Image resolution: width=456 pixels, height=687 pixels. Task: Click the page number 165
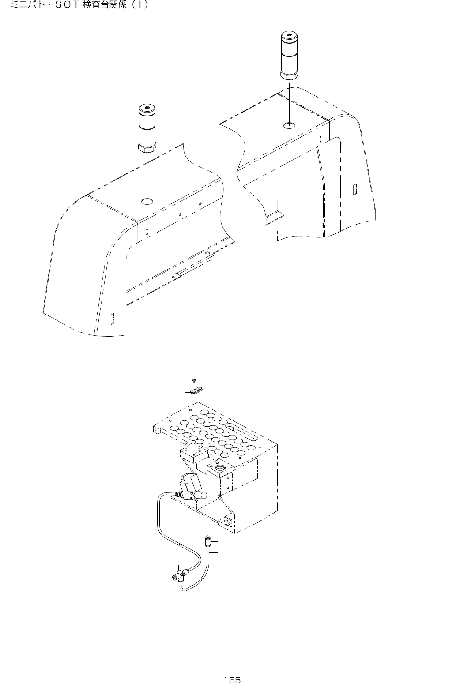click(x=232, y=680)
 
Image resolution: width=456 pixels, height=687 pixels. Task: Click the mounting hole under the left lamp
click(x=147, y=202)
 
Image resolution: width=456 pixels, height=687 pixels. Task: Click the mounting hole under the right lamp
click(x=289, y=125)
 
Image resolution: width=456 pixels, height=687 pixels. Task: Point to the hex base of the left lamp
click(x=147, y=147)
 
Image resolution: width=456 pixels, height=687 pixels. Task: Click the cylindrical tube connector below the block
click(x=207, y=540)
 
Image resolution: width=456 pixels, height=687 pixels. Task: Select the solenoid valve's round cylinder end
click(x=204, y=496)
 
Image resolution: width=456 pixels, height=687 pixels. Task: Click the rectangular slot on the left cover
click(x=113, y=319)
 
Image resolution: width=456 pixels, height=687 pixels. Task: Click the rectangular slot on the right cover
click(x=354, y=190)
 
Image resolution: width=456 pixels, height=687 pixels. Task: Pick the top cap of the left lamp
click(x=147, y=109)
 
